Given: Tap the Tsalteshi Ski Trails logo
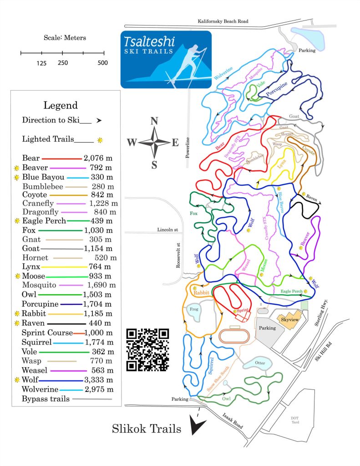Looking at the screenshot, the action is [166, 59].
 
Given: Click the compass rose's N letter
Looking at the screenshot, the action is [154, 121].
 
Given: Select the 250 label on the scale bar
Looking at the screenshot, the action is [63, 63].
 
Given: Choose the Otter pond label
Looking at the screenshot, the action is [260, 363].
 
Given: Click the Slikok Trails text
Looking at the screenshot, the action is [147, 429].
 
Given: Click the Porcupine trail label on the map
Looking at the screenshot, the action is [277, 87].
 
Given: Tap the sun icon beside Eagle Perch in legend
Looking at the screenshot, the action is [18, 221].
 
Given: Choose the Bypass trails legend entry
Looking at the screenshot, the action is [46, 399].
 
